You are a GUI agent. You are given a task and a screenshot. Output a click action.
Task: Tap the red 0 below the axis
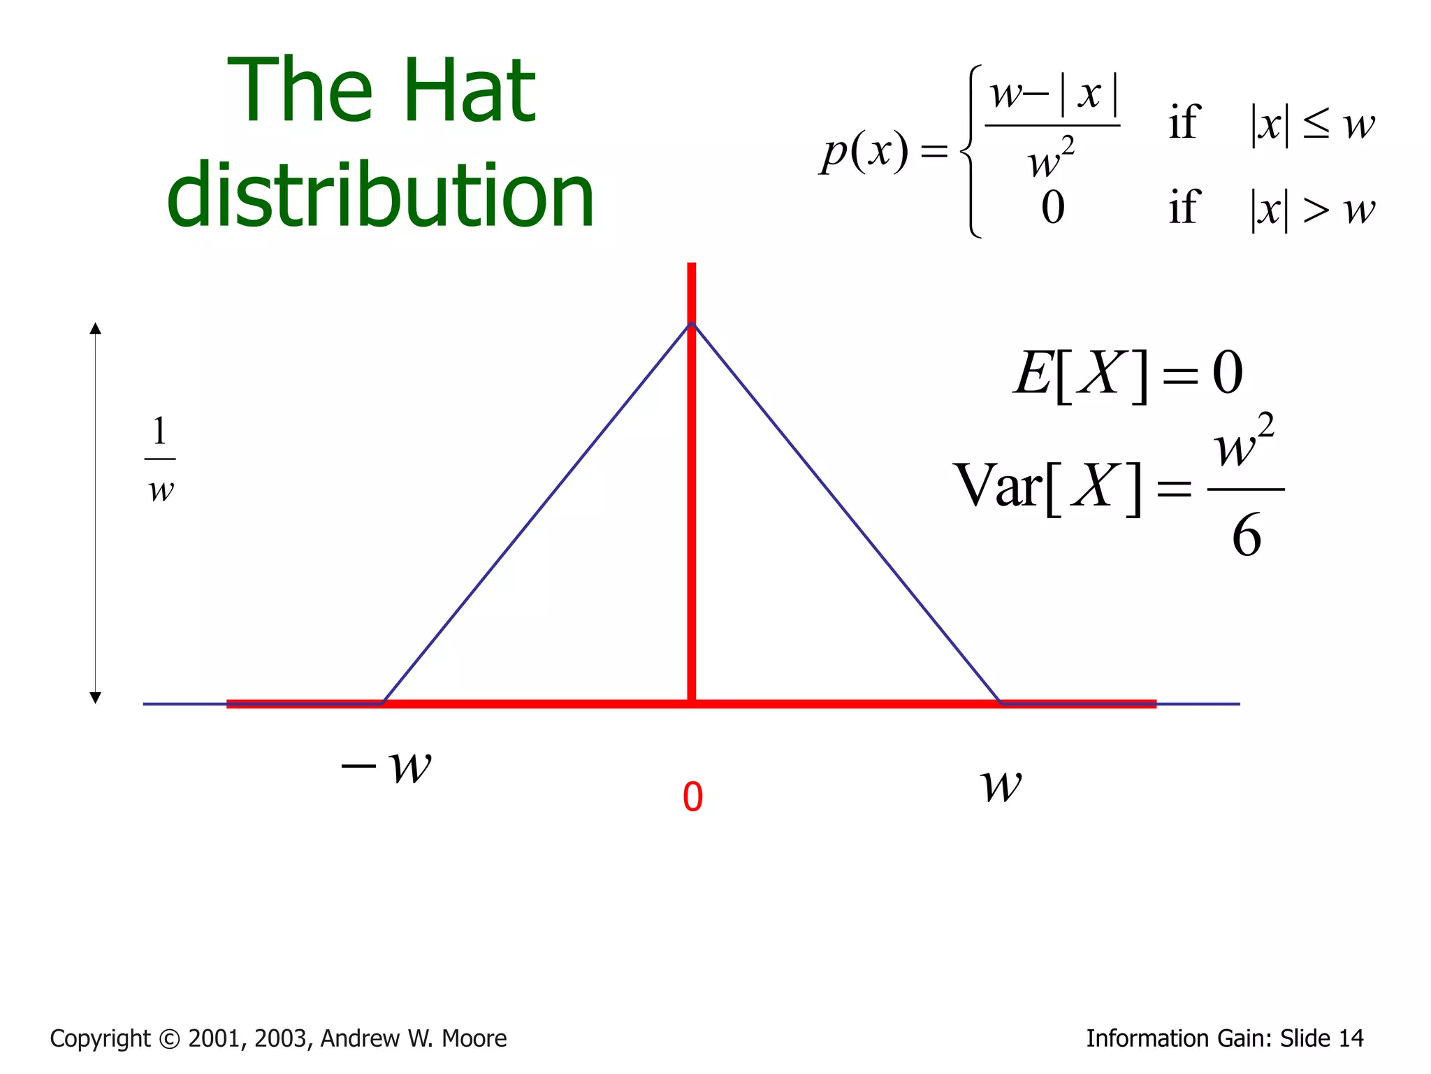coord(692,797)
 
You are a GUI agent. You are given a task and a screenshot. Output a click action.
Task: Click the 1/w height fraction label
coord(160,459)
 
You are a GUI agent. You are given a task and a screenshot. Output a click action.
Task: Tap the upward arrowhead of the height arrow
coord(96,329)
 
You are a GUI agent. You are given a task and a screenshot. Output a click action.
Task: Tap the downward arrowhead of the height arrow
coord(96,697)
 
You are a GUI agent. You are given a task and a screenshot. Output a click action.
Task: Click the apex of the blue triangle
coord(691,323)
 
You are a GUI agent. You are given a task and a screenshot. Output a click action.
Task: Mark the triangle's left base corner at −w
coord(383,703)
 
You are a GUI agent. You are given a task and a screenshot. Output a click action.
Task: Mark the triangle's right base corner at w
coord(1001,703)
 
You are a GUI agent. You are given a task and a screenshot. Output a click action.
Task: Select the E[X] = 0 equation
coord(1128,374)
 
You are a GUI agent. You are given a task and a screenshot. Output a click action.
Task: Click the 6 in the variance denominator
coord(1247,536)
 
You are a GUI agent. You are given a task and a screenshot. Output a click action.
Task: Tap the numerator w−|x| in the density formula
coord(1053,95)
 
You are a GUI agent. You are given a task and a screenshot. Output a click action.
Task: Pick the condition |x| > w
coord(1312,209)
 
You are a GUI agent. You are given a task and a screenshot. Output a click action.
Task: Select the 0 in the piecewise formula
coord(1053,208)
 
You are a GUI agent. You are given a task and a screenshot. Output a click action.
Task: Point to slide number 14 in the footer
coord(1350,1038)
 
